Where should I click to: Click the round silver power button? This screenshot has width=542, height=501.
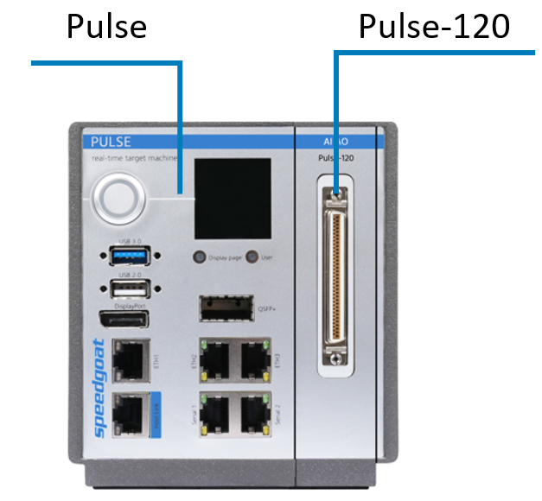click(118, 199)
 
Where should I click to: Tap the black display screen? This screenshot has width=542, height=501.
click(232, 199)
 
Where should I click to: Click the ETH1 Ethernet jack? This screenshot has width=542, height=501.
click(127, 359)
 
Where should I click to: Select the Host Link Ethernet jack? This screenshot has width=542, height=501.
click(127, 412)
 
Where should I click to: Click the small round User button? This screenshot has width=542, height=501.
click(252, 257)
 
